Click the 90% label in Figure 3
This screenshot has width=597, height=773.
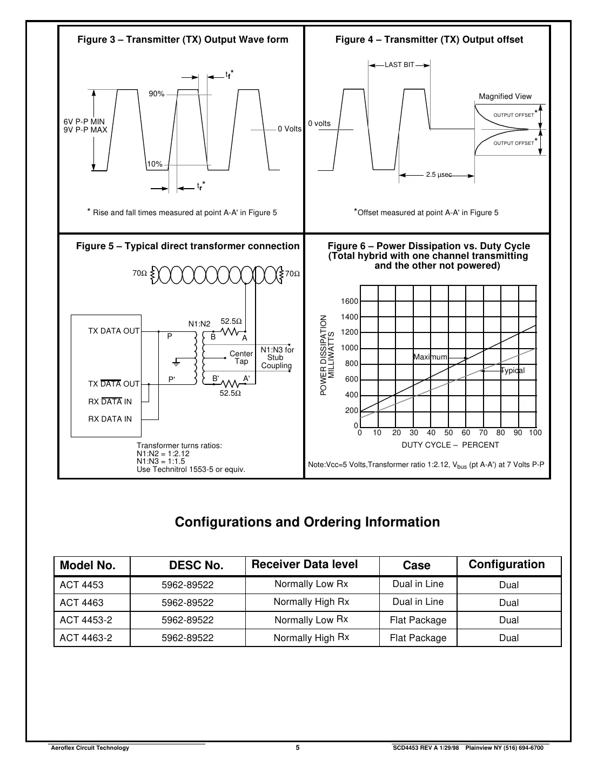click(156, 94)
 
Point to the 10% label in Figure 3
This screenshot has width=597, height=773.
click(155, 164)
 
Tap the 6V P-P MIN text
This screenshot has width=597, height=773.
click(84, 122)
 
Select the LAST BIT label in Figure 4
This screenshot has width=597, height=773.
click(399, 65)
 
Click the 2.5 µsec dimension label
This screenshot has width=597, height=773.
click(438, 175)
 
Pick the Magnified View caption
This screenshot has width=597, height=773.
click(505, 96)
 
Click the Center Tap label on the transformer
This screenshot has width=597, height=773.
click(241, 357)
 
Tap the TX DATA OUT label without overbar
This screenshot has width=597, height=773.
click(113, 331)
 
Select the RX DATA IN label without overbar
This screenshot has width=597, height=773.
click(110, 419)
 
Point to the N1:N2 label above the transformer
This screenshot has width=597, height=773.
click(199, 324)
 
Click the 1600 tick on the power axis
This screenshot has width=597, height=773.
click(350, 301)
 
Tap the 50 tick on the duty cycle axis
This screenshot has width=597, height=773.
click(448, 432)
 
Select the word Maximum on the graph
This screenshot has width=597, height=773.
click(430, 357)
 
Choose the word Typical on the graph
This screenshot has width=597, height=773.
click(512, 370)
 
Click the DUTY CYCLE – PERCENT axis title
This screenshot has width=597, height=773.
click(450, 445)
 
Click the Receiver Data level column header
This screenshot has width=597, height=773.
click(305, 564)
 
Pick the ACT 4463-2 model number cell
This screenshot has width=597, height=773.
click(86, 638)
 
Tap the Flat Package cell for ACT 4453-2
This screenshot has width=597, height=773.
click(418, 620)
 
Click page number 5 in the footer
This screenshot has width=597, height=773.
click(298, 748)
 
